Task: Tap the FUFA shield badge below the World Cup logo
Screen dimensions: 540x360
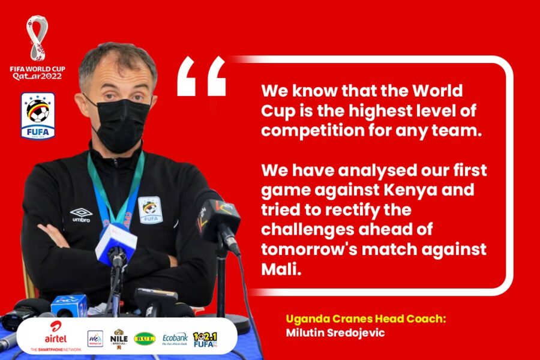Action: [x=38, y=116]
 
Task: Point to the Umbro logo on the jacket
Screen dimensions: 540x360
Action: [x=81, y=215]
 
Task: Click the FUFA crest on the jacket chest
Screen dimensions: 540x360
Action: [x=151, y=210]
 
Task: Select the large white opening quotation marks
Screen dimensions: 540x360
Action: [x=202, y=76]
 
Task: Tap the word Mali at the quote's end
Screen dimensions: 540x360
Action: [x=281, y=269]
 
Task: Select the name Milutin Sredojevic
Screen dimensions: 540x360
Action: [x=335, y=333]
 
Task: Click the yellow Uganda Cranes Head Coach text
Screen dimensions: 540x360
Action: [x=366, y=319]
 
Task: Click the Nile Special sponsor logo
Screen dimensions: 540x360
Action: [x=119, y=339]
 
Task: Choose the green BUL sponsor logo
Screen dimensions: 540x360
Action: [x=145, y=339]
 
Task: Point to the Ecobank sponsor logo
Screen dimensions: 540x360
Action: [x=175, y=339]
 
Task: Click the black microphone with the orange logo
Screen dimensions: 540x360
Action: [x=218, y=220]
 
